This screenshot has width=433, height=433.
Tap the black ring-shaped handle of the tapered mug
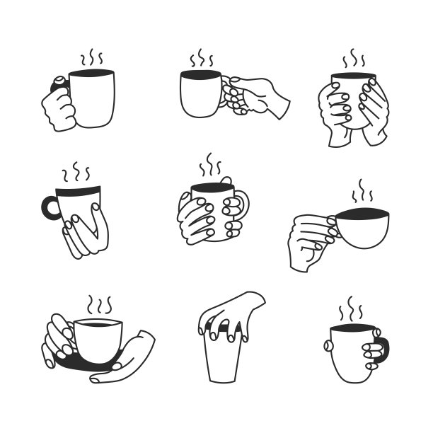click(50, 207)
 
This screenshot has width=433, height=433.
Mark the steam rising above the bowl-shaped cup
click(363, 192)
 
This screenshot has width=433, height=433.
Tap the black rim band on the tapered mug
click(79, 191)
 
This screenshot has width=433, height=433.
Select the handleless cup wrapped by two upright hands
click(352, 106)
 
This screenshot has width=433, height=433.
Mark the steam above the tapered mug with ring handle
click(76, 172)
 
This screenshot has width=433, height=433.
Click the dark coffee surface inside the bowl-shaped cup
click(362, 214)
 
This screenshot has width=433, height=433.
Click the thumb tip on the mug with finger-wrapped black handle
click(328, 346)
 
